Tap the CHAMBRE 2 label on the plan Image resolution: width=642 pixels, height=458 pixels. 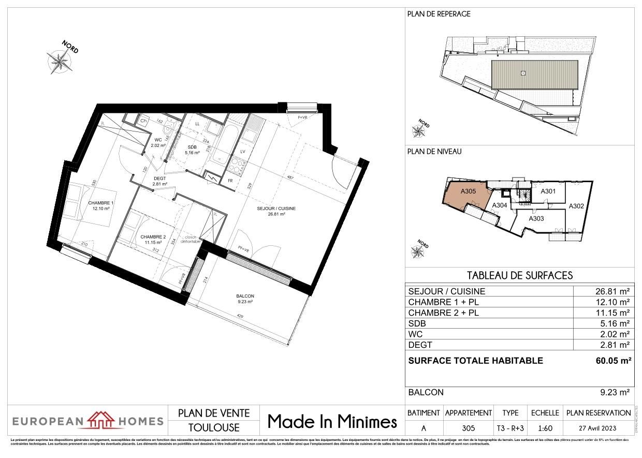[153, 237]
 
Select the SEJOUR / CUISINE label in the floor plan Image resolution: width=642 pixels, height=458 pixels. [276, 209]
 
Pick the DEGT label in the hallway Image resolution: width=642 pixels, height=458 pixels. [158, 178]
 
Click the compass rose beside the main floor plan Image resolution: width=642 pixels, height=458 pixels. [61, 61]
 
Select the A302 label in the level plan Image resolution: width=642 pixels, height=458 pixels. [576, 206]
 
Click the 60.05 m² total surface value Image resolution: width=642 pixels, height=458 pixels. [614, 361]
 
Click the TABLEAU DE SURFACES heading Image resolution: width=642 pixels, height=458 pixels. [520, 275]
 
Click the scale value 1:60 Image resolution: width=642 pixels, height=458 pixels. [545, 428]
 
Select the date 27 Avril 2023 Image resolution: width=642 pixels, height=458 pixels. [599, 428]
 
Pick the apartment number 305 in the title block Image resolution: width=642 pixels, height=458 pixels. [468, 428]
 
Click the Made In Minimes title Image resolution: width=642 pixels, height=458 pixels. [332, 422]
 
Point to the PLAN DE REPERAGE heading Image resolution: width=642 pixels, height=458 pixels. [439, 14]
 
